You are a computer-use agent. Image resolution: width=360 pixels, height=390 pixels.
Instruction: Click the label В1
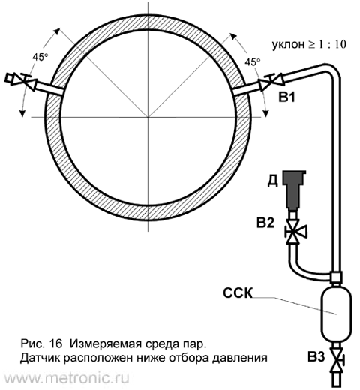tap(287, 97)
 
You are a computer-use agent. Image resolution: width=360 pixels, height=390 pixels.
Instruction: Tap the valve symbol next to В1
tap(271, 80)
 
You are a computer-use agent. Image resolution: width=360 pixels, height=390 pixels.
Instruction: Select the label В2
tap(265, 223)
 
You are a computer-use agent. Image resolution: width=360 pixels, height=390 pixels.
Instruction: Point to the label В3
tap(316, 357)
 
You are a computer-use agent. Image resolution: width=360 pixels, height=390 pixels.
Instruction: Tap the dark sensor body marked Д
tap(294, 190)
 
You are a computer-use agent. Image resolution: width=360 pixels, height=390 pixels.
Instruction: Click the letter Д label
tap(272, 181)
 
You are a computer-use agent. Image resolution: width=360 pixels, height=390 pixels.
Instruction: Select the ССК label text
tap(238, 292)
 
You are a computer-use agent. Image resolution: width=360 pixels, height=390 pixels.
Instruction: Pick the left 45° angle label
tap(40, 58)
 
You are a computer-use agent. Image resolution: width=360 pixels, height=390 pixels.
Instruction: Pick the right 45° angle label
tap(252, 62)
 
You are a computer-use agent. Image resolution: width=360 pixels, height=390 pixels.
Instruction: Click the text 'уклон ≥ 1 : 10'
tap(309, 45)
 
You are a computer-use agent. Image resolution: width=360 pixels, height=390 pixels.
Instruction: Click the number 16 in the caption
tap(55, 343)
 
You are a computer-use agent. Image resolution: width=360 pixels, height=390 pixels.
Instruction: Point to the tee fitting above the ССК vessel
tap(336, 277)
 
